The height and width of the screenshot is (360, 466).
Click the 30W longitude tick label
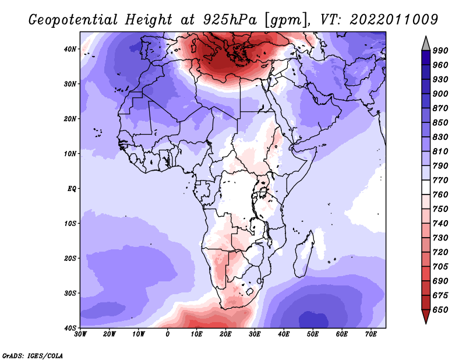click(x=81, y=334)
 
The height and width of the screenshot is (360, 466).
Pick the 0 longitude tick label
click(x=168, y=334)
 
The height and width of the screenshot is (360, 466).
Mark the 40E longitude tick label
click(x=284, y=334)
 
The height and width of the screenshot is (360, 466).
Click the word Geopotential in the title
click(x=72, y=19)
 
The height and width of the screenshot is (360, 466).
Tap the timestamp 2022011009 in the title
click(x=394, y=19)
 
